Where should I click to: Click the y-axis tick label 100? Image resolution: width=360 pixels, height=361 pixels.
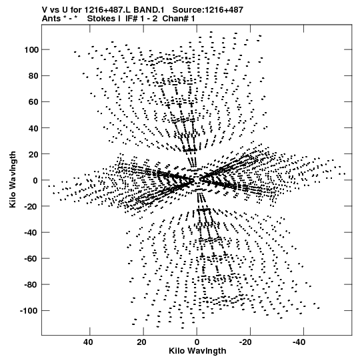[x=31, y=50]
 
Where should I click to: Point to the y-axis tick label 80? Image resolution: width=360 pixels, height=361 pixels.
[x=33, y=76]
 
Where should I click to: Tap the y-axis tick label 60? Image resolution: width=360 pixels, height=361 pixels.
[x=33, y=102]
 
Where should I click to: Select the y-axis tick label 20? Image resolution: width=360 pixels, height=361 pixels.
[x=33, y=154]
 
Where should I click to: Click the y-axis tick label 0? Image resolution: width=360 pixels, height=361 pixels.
[x=35, y=180]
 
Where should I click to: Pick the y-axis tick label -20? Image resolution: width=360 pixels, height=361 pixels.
[x=31, y=206]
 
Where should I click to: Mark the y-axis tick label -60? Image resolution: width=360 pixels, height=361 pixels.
[x=31, y=258]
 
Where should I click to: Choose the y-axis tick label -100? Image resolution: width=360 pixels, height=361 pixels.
[x=29, y=311]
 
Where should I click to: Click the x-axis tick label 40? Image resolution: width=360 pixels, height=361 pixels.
[x=88, y=342]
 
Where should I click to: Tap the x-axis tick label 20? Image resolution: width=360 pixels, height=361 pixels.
[x=142, y=342]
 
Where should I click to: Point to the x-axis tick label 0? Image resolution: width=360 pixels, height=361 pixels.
[x=197, y=342]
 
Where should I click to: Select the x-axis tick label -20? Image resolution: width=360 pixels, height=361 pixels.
[x=246, y=342]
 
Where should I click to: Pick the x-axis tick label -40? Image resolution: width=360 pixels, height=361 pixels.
[x=299, y=342]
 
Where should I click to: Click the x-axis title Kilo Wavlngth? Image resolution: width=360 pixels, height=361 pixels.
[x=197, y=351]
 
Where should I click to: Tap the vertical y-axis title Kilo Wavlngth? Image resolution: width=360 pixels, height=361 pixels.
[x=13, y=179]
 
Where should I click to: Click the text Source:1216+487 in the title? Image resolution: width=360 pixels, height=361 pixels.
[x=208, y=10]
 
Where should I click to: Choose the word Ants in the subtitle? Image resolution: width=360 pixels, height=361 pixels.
[x=51, y=19]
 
